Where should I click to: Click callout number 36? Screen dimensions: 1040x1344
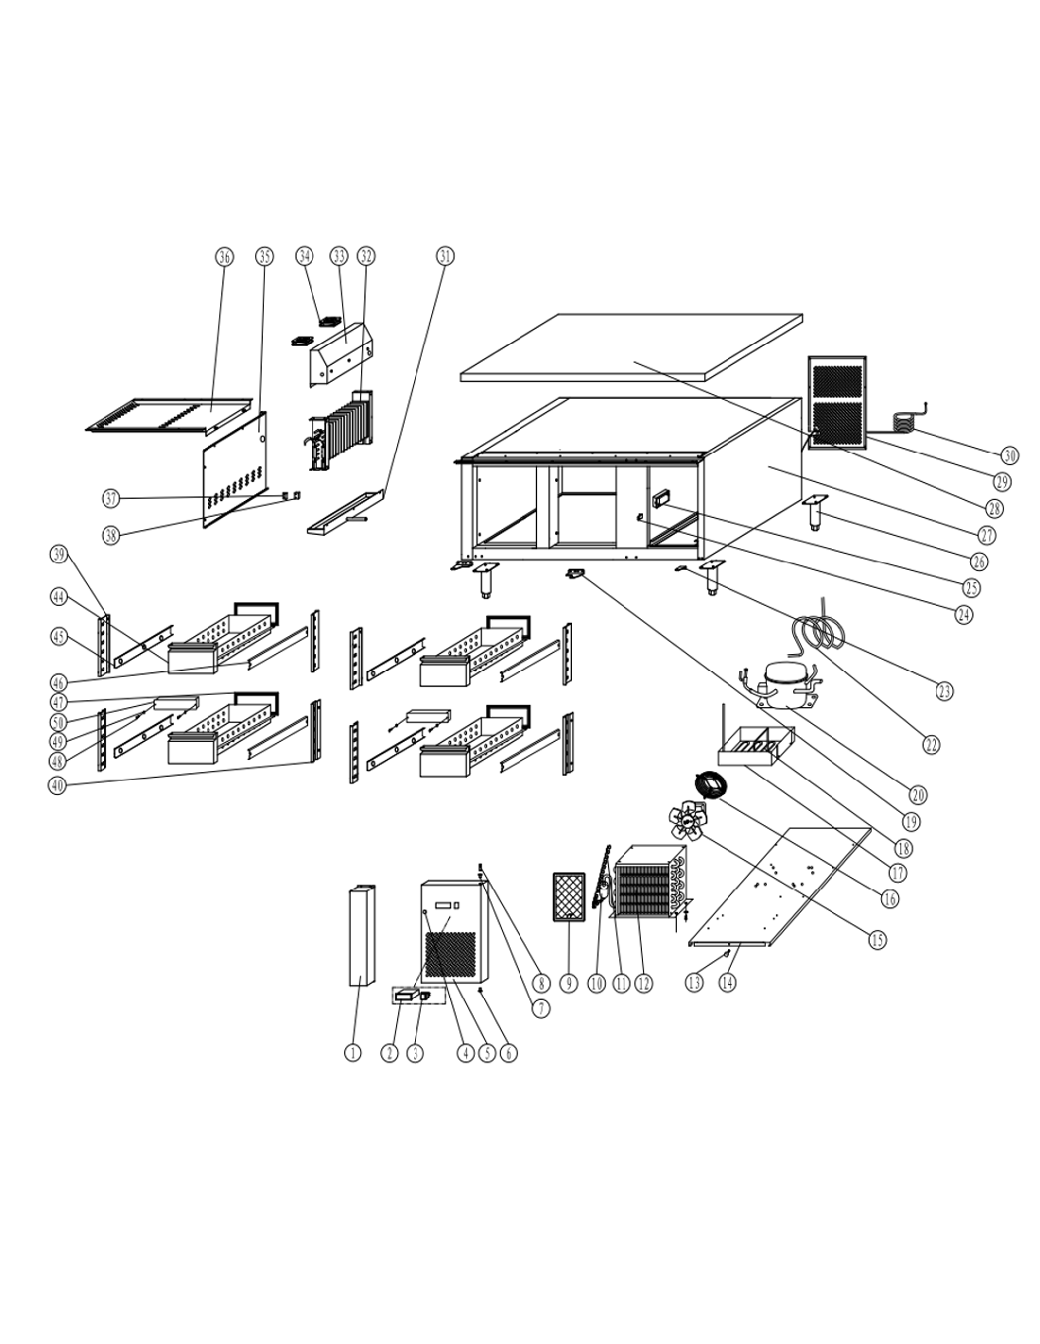tap(224, 257)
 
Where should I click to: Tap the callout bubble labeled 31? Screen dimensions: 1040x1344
tap(444, 255)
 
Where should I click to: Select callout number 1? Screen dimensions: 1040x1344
tap(353, 1053)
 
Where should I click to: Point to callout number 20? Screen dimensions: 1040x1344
tap(918, 795)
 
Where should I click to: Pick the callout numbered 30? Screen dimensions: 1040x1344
tap(1009, 456)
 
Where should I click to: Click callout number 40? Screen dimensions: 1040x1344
tap(58, 785)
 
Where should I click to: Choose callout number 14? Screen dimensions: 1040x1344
tap(728, 982)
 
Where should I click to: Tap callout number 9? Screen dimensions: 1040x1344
tap(568, 983)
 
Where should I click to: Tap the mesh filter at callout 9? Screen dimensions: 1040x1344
tap(568, 897)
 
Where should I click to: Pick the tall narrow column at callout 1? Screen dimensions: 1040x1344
tap(362, 935)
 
